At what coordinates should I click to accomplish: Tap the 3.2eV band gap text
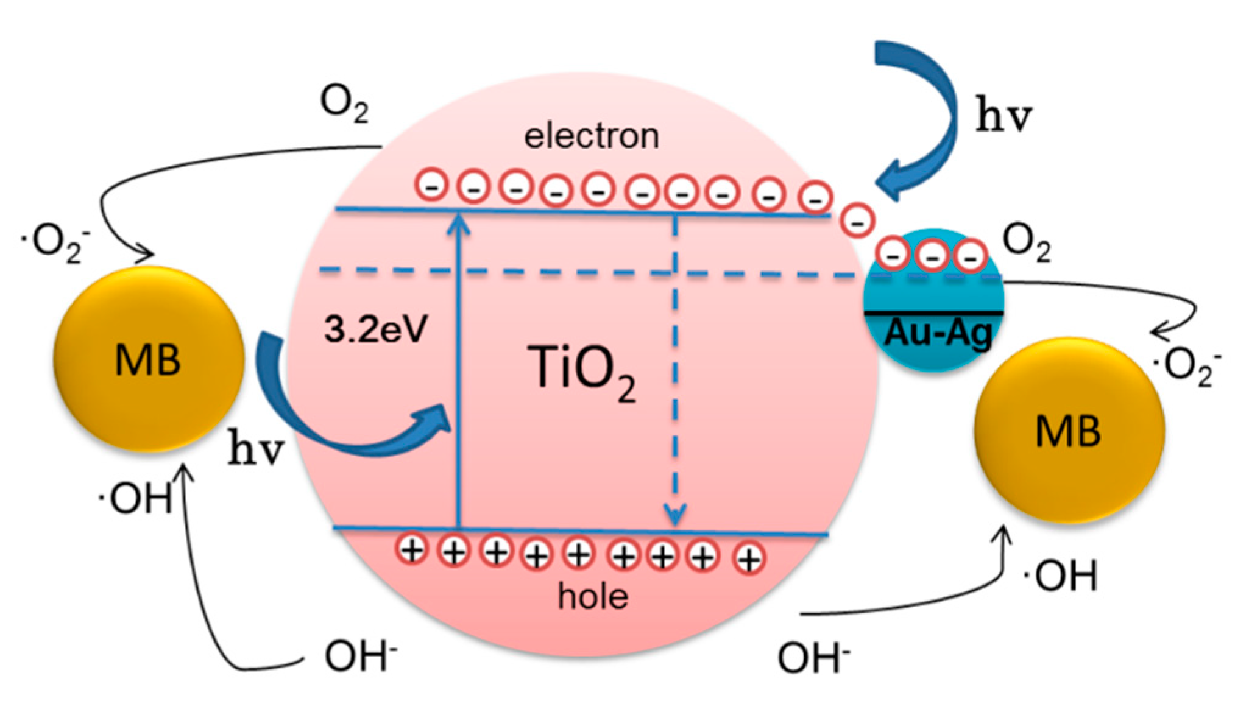(x=375, y=329)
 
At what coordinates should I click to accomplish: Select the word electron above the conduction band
(x=592, y=136)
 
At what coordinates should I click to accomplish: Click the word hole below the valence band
(x=592, y=596)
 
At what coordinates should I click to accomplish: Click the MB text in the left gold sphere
(x=148, y=360)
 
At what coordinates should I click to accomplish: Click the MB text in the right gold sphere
(x=1068, y=431)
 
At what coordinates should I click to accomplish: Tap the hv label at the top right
(x=1004, y=116)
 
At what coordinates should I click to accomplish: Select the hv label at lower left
(x=257, y=451)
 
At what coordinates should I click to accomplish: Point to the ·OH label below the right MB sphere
(x=1060, y=576)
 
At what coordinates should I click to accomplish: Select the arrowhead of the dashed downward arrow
(x=674, y=516)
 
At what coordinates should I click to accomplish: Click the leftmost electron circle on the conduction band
(x=432, y=185)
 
